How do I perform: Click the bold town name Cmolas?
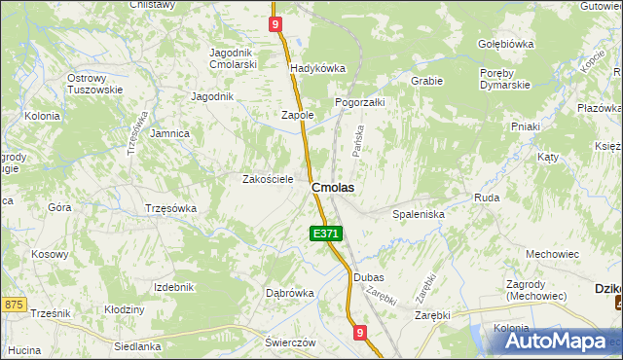coord(332,187)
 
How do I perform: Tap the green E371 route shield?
coord(326,234)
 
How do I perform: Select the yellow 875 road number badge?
coord(12,305)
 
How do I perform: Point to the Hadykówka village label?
coord(318,68)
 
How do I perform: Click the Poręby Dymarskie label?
coord(504,79)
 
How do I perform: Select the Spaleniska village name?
coord(418,213)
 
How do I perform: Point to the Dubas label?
coord(369,277)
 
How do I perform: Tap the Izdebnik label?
coord(174,287)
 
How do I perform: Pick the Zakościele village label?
coord(268,179)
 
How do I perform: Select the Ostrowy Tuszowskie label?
coord(94,84)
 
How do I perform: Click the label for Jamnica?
coord(169,133)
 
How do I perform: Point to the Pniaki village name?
coord(526,126)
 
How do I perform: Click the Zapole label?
coord(297,115)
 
